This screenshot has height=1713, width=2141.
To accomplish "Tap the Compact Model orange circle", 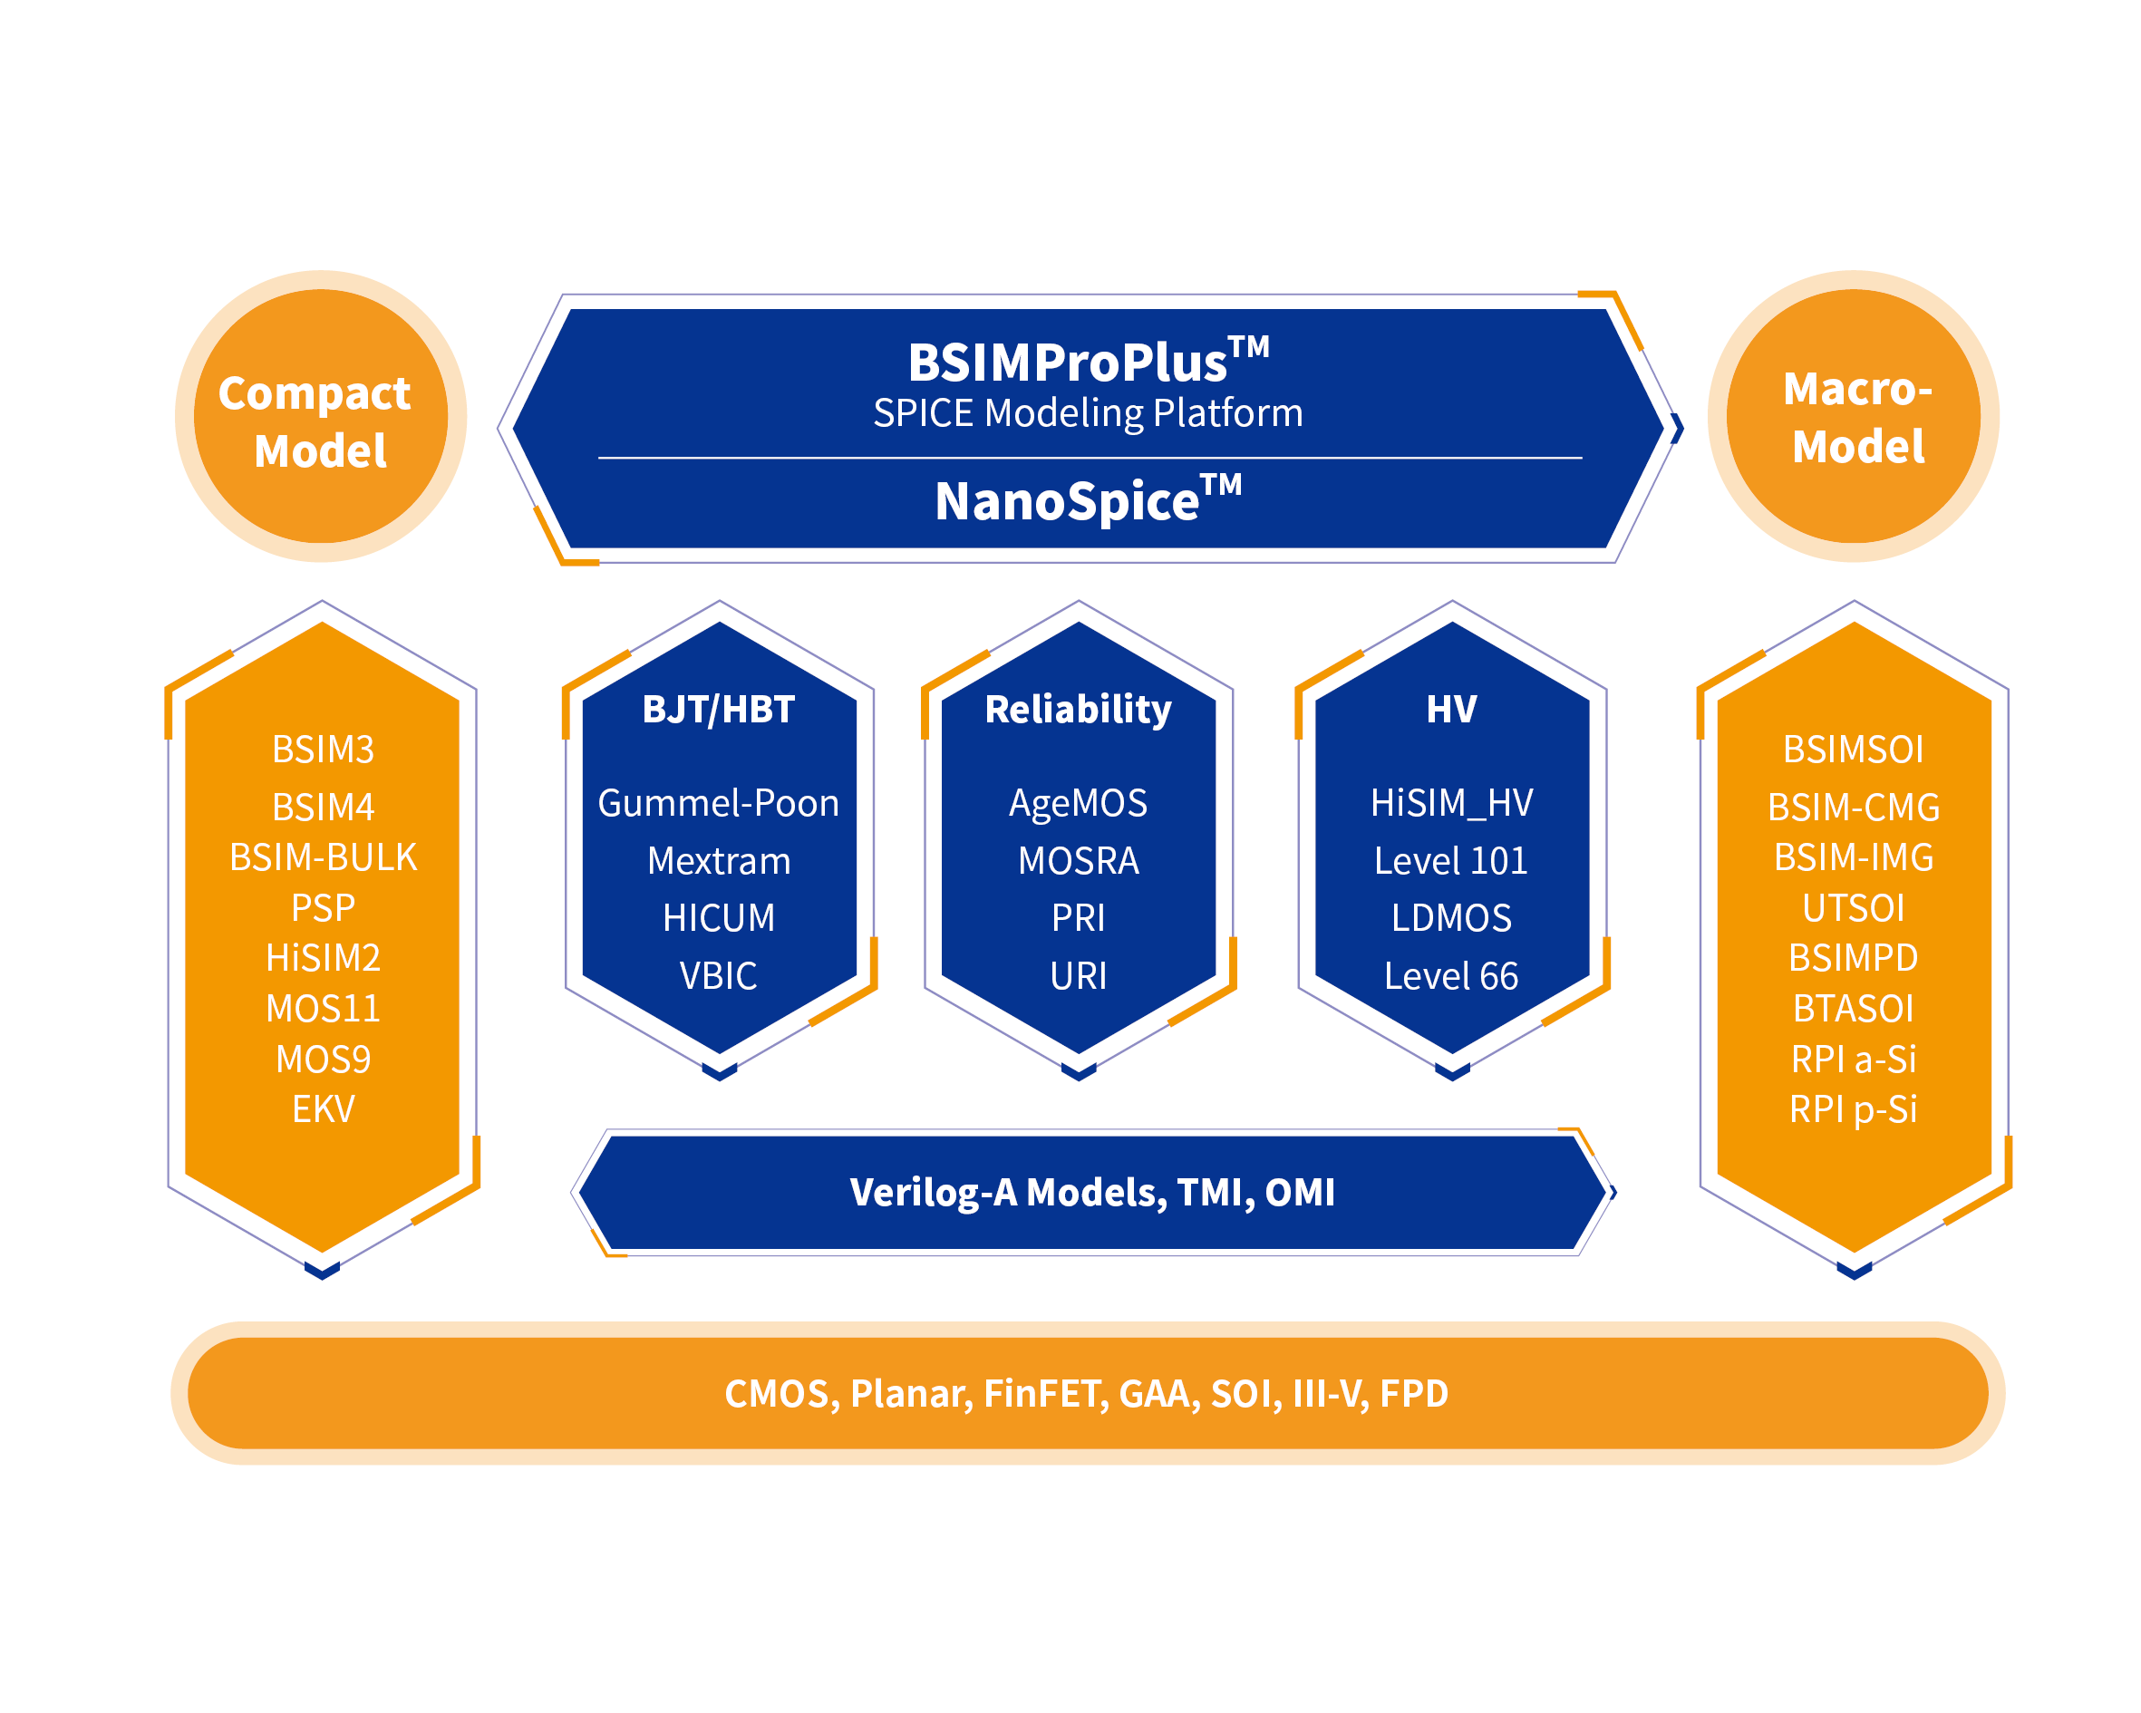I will [x=320, y=417].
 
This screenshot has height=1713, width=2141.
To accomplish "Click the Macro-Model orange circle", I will [x=1853, y=417].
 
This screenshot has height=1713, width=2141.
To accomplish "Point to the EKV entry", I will [x=323, y=1109].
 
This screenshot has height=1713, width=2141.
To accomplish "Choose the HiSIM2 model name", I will [x=323, y=958].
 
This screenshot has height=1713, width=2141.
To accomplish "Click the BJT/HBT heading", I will [x=718, y=709].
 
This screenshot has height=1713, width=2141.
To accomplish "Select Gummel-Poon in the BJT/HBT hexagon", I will [x=718, y=803].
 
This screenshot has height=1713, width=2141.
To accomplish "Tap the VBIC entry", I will [x=718, y=976].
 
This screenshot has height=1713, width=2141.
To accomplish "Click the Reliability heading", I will [x=1078, y=709].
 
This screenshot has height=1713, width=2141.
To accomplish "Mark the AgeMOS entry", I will [x=1078, y=803].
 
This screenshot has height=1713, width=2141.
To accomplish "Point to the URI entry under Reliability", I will [x=1078, y=976].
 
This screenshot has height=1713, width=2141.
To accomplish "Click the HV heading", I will [x=1451, y=709].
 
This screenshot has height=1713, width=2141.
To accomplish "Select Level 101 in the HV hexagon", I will [x=1451, y=861].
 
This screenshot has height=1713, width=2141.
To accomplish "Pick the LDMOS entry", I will [x=1451, y=918].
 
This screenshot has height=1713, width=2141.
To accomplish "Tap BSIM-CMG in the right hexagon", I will [x=1853, y=808].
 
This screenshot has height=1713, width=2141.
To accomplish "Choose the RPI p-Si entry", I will [x=1853, y=1109].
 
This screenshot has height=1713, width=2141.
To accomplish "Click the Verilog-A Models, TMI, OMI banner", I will [x=1091, y=1193].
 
